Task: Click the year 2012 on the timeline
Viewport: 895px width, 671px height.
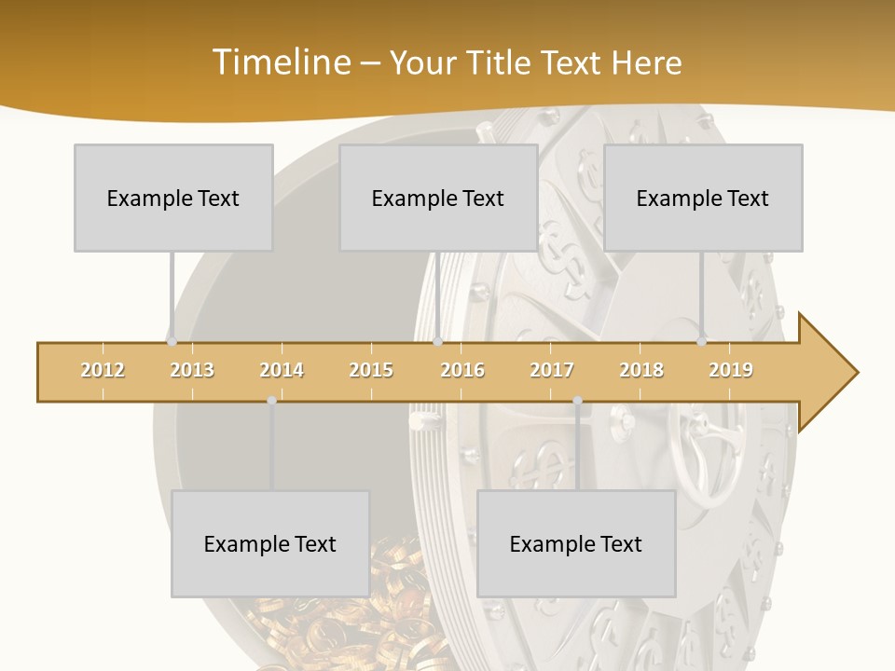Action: click(x=103, y=370)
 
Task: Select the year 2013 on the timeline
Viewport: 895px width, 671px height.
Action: click(x=192, y=370)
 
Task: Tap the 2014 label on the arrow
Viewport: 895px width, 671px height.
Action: click(x=282, y=370)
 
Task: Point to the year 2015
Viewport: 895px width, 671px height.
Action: click(x=371, y=370)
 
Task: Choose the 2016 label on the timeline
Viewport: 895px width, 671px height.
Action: click(x=462, y=370)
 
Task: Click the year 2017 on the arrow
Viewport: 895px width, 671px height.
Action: click(x=552, y=370)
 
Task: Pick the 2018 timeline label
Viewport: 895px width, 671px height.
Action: click(x=641, y=370)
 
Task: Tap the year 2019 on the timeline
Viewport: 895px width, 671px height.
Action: click(x=731, y=370)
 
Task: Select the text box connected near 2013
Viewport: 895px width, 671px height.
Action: click(x=173, y=198)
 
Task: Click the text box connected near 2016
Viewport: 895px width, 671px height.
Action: click(x=438, y=198)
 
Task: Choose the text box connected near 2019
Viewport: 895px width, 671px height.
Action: click(x=703, y=198)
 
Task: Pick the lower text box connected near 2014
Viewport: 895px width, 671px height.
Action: click(x=270, y=543)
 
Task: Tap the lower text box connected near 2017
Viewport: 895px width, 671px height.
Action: click(x=576, y=543)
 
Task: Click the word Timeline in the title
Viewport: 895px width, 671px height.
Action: click(x=280, y=62)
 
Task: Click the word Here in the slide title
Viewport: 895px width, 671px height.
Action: click(x=647, y=62)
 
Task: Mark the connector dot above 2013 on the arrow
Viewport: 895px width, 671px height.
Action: click(x=172, y=342)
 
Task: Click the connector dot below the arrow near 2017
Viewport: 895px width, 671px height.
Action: click(x=577, y=401)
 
